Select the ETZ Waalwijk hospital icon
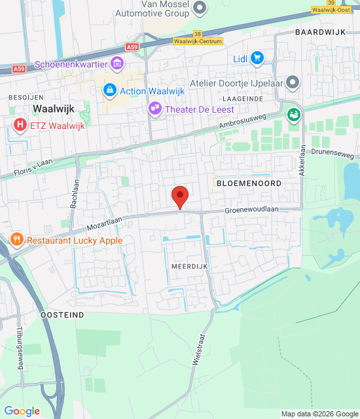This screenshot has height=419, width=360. tap(21, 124)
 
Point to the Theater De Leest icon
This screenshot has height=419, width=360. tap(154, 109)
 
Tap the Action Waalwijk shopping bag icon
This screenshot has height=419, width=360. tap(109, 89)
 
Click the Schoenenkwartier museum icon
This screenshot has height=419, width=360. tap(118, 64)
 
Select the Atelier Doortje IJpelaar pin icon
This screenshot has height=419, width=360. tap(293, 82)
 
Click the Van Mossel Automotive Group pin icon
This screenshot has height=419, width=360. tap(200, 8)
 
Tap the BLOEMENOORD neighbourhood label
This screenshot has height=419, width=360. tap(249, 184)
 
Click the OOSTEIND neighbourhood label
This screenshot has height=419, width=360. tap(62, 315)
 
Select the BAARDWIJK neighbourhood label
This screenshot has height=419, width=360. tap(319, 31)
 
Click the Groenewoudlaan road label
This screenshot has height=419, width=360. tap(252, 209)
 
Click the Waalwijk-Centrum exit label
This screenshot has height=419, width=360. tap(196, 41)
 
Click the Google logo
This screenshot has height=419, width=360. tap(22, 411)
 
